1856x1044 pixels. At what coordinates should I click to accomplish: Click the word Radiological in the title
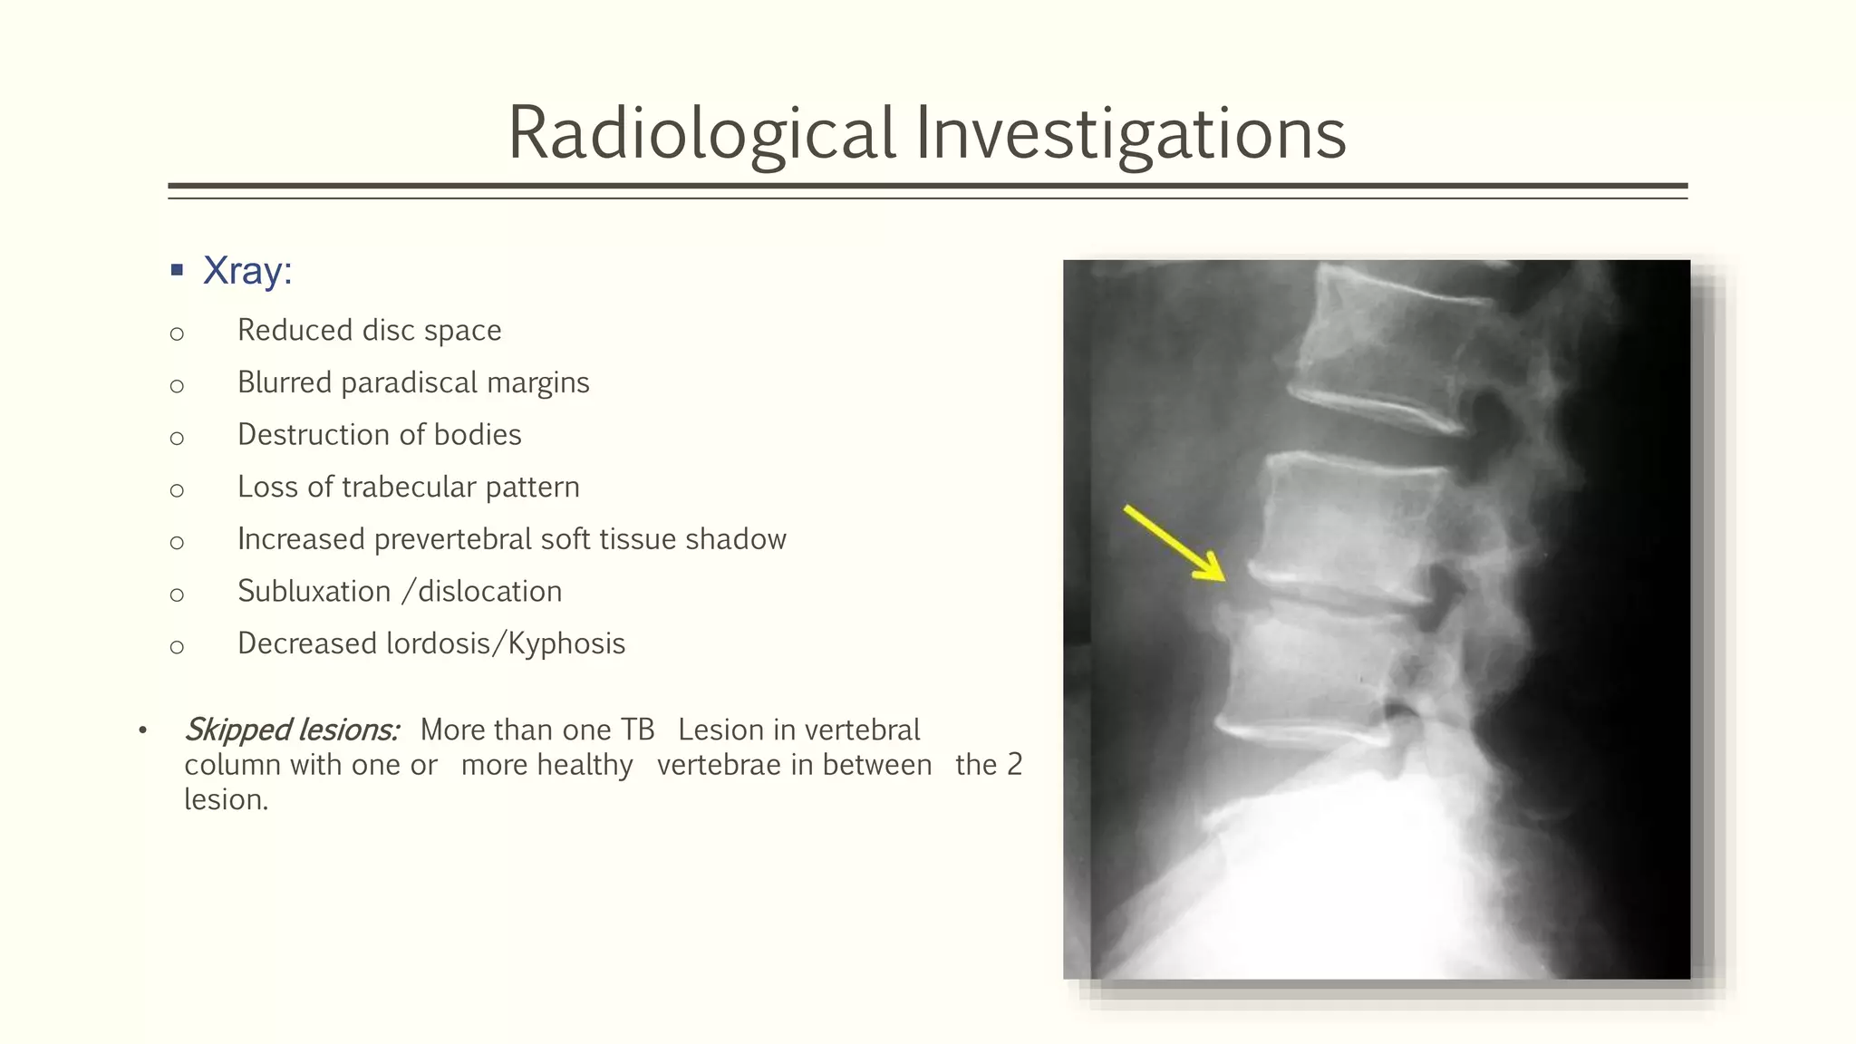pos(702,133)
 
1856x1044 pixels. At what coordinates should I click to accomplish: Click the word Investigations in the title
pos(1130,133)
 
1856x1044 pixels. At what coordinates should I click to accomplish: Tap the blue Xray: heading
pos(247,270)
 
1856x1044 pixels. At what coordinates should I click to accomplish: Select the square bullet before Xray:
pos(177,270)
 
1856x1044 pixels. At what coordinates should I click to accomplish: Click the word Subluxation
pos(314,591)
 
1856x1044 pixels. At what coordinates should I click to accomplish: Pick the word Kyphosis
pos(566,643)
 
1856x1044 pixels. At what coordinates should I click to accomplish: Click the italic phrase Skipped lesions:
pos(292,730)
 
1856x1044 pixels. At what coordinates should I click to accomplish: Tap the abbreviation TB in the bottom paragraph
pos(637,730)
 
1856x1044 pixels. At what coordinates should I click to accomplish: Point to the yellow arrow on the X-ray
pos(1174,543)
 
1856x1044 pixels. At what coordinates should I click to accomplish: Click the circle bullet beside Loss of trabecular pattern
pos(177,490)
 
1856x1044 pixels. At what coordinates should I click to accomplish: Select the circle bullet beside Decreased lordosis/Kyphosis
pos(177,647)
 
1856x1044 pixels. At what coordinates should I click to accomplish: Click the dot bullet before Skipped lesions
pos(142,730)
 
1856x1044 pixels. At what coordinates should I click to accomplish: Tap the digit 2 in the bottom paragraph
pos(1014,765)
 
